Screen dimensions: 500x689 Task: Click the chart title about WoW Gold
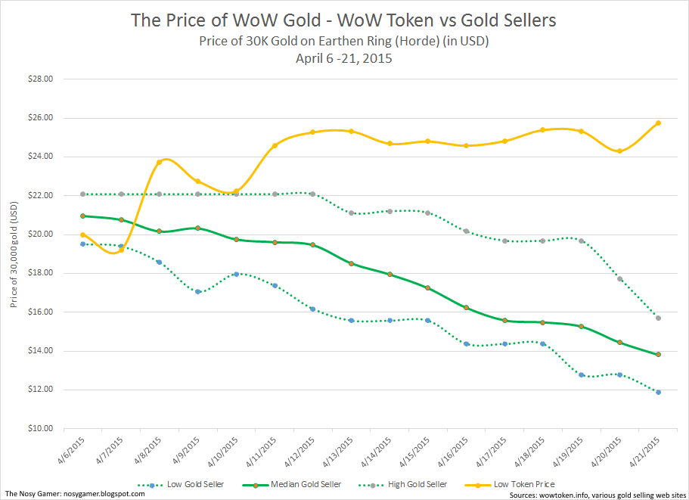(344, 20)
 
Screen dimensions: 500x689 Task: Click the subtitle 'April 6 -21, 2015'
(344, 58)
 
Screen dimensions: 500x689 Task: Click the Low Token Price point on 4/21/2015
(659, 123)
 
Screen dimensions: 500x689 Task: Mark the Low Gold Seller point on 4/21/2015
(659, 392)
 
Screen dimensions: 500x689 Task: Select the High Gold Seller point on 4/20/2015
(620, 279)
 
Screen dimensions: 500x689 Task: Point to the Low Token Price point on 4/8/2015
(159, 162)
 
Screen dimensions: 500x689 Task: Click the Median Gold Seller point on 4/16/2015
(467, 308)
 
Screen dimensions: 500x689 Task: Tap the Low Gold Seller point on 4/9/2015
(197, 291)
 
